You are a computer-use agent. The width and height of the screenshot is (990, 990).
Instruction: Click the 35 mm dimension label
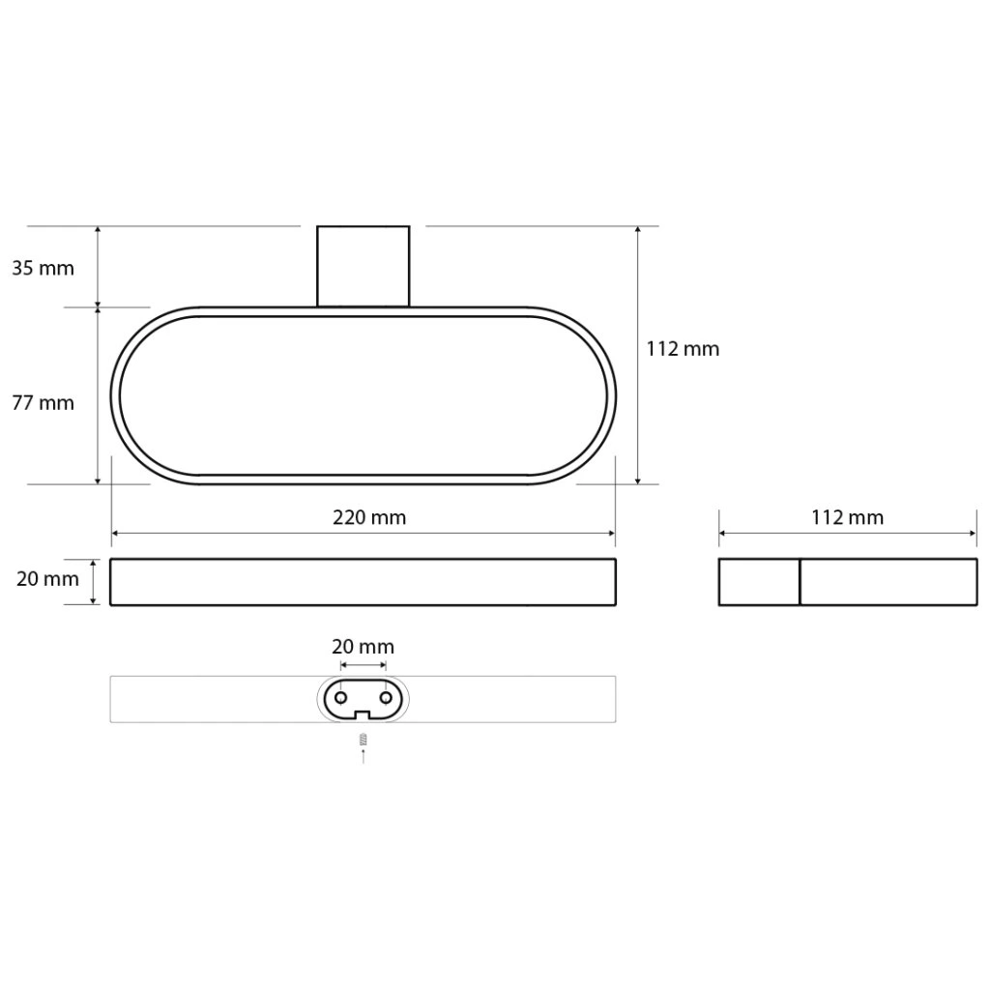(43, 269)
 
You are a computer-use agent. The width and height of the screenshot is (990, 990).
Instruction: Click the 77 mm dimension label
(43, 403)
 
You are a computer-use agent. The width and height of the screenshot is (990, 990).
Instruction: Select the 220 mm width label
(369, 518)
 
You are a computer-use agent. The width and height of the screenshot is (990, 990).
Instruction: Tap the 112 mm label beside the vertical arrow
(683, 349)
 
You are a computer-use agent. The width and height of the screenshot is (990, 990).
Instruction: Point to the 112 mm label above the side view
(847, 518)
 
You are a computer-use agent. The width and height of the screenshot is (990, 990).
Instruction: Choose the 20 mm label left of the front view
(47, 579)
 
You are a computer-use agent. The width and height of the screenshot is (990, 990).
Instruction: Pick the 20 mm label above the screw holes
(364, 647)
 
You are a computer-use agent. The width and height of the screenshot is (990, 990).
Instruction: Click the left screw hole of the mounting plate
(341, 698)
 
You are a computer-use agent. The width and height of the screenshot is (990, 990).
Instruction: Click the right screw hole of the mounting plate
(386, 698)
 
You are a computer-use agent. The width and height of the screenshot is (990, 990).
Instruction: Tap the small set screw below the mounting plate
(364, 740)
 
